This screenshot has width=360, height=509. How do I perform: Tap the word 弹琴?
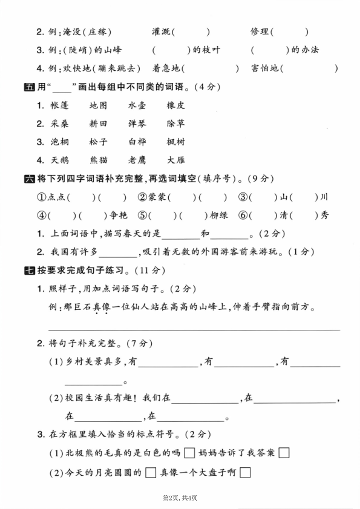tap(137, 123)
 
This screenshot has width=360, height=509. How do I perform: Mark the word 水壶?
tap(137, 105)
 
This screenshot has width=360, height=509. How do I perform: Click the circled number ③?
tap(243, 197)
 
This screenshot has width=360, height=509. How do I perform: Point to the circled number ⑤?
tap(142, 215)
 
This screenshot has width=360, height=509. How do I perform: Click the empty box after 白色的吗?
tap(189, 453)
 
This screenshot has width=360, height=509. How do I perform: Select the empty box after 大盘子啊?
tap(244, 473)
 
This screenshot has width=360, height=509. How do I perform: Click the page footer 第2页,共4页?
tap(180, 498)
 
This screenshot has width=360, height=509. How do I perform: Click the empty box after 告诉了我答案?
tap(284, 453)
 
